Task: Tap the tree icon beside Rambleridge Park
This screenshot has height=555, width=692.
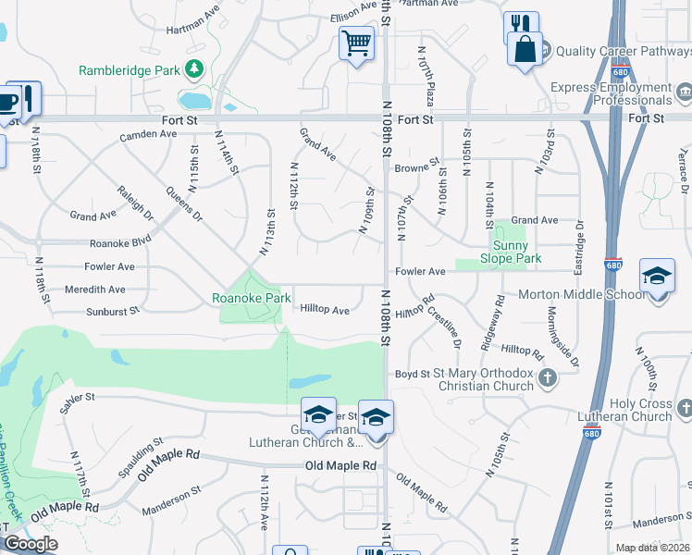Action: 194,68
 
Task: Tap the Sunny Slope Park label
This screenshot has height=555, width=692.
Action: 511,252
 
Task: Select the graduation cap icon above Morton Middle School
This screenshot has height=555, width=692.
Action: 657,277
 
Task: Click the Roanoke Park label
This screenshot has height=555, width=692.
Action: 252,298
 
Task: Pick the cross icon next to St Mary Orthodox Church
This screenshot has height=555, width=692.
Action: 549,376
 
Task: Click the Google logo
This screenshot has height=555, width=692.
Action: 30,544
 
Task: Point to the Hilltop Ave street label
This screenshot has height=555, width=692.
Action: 324,311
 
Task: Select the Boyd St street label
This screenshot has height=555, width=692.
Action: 406,375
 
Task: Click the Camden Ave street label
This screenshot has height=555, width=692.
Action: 148,134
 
